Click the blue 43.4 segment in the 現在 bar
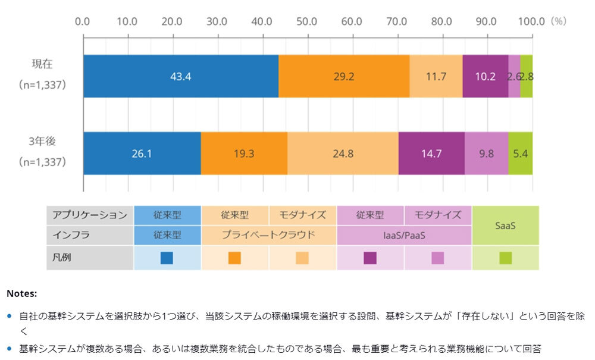click(181, 76)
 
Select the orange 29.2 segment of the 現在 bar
click(344, 76)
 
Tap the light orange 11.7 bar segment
click(436, 76)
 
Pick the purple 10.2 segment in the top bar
click(485, 76)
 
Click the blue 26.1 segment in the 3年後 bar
click(142, 154)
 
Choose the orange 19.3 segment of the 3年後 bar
click(244, 154)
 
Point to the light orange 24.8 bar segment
click(343, 154)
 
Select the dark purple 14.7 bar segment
click(431, 154)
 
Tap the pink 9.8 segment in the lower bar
click(486, 154)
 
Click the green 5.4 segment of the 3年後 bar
click(520, 154)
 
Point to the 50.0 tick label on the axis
click(306, 21)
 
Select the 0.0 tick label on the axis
click(83, 21)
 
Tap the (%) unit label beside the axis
click(559, 21)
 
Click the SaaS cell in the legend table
click(505, 226)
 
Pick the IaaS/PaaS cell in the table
click(404, 235)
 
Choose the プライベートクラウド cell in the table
click(269, 235)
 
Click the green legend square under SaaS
click(505, 258)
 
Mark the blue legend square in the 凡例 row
click(167, 258)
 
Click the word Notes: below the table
click(22, 293)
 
